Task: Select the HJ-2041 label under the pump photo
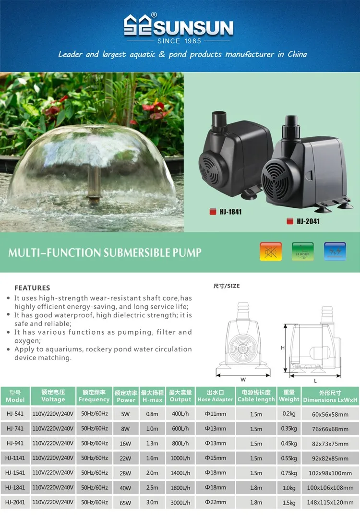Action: point(308,221)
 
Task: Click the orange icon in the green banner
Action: point(271,251)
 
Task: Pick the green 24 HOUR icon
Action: point(303,251)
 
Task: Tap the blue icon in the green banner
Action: point(335,251)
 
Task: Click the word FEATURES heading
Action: point(32,288)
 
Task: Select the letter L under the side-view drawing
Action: point(315,380)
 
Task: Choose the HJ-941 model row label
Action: point(15,444)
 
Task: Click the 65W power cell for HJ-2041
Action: point(126,503)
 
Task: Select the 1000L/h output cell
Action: point(180,458)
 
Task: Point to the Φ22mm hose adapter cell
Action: point(215,503)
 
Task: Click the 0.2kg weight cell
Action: point(289,414)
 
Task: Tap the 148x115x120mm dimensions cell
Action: point(330,503)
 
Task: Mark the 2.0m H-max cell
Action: point(152,473)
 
